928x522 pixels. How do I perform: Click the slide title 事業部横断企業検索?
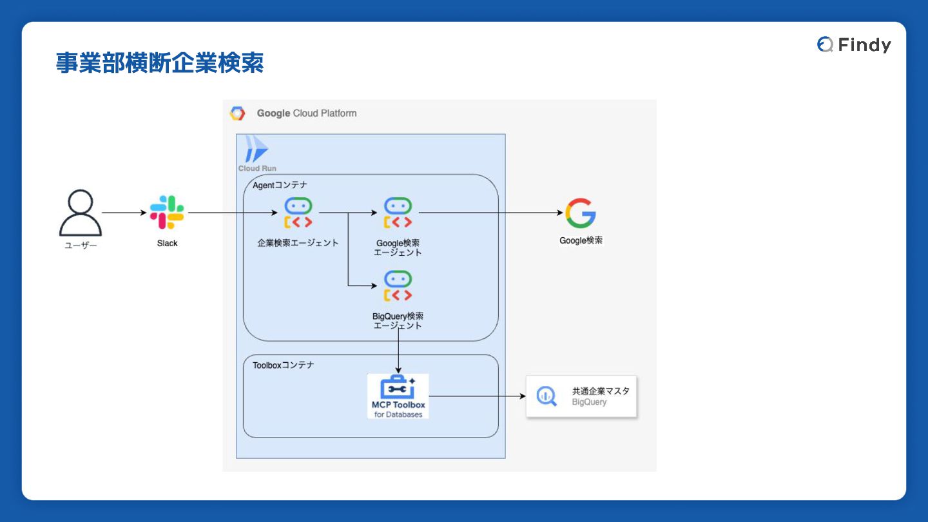click(160, 63)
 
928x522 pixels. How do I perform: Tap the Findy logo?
click(854, 44)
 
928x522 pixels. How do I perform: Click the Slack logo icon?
click(167, 213)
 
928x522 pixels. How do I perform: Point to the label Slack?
click(167, 244)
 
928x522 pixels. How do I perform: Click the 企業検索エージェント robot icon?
click(298, 213)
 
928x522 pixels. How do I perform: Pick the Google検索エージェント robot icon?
click(398, 213)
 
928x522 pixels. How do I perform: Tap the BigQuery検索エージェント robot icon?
click(398, 286)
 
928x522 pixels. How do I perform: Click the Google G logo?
click(581, 213)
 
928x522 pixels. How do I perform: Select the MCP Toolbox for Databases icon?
click(398, 395)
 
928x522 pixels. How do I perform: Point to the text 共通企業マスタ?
click(601, 391)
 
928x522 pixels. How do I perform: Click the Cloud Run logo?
click(256, 150)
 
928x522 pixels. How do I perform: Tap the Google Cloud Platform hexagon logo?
click(237, 113)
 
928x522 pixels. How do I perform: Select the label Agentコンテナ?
click(280, 185)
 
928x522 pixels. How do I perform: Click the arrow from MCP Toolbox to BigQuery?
click(477, 396)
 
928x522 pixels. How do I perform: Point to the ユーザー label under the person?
click(81, 245)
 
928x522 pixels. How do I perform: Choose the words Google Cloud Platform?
click(307, 113)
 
